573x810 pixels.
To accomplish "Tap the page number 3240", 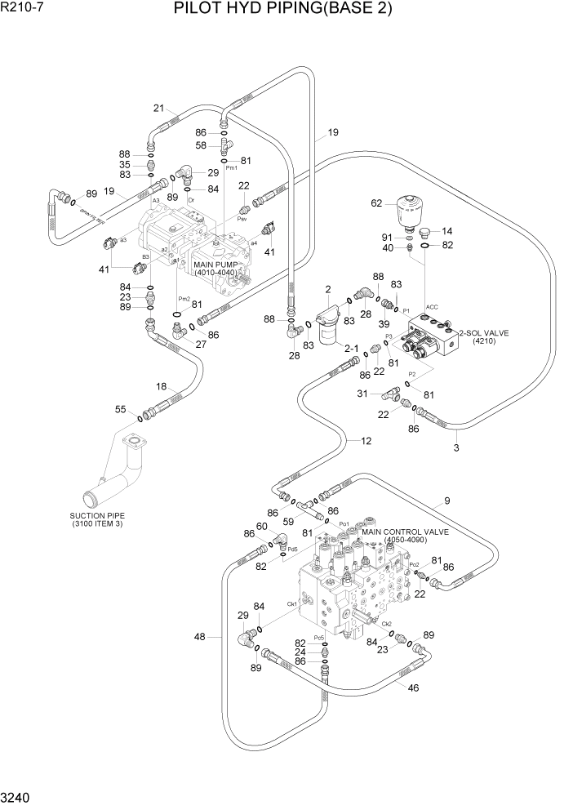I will pos(17,796).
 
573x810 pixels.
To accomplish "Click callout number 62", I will pos(376,202).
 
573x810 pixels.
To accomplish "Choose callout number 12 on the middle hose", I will pos(366,440).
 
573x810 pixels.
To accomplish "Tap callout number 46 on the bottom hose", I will pos(413,688).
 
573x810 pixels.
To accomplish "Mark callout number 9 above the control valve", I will pos(446,500).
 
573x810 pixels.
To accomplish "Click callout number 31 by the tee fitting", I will pos(362,393).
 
